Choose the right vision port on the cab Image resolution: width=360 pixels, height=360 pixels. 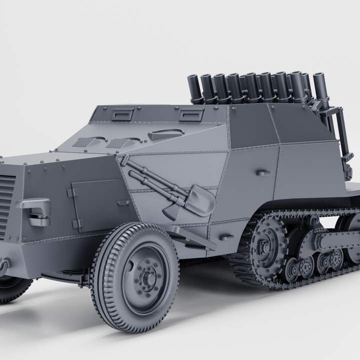191,115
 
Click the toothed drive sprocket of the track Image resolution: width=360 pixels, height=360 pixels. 265,245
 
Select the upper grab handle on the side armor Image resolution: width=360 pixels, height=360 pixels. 263,173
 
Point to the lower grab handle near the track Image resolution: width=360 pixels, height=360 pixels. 226,237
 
